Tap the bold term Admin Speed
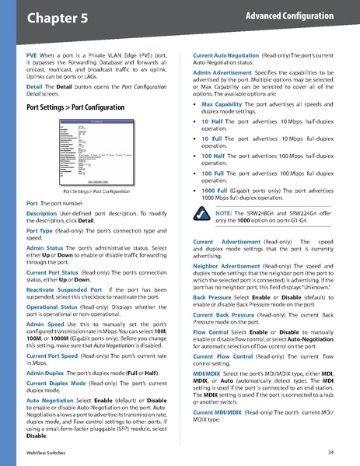(x=44, y=324)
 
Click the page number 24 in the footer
(x=330, y=452)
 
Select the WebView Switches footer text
(x=44, y=452)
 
